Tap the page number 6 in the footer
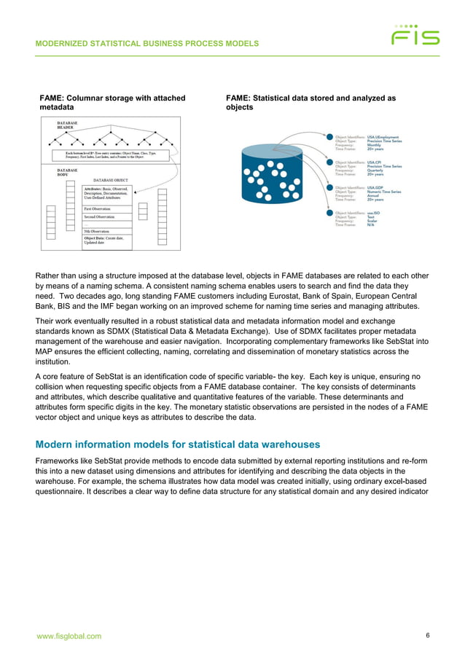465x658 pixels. (x=427, y=635)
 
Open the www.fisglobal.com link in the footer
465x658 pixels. (x=69, y=636)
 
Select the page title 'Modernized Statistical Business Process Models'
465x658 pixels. (x=147, y=44)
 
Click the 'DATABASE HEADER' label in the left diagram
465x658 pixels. (x=68, y=125)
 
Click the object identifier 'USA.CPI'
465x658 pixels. (x=375, y=162)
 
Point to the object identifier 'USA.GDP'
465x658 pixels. (x=375, y=187)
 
